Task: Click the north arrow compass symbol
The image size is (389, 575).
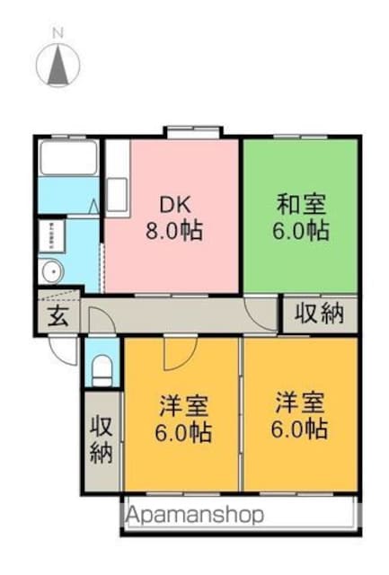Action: [57, 65]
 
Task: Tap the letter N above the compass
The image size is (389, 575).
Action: [57, 33]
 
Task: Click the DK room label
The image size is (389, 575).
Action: [174, 206]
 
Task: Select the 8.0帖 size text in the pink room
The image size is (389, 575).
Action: [174, 231]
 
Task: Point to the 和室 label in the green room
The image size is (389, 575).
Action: [301, 205]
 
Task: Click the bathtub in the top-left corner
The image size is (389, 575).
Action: [68, 158]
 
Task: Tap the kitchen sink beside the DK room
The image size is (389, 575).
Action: [118, 195]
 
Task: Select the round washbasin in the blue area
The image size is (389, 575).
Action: [52, 271]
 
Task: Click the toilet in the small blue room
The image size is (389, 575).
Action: [102, 370]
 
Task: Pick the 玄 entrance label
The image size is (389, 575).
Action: [58, 316]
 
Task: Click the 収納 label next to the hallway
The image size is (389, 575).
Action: [320, 314]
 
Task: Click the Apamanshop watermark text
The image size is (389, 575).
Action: [195, 515]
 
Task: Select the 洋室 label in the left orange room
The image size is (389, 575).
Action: [184, 406]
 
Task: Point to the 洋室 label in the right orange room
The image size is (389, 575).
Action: [300, 402]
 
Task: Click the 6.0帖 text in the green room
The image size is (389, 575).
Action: [301, 230]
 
